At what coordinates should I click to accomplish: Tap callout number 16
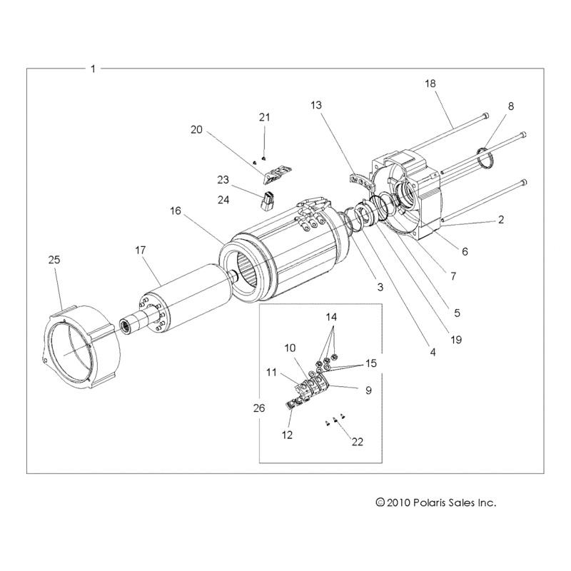pyautogui.click(x=176, y=211)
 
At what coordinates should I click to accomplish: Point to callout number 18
pyautogui.click(x=430, y=84)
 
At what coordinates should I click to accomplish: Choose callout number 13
pyautogui.click(x=316, y=106)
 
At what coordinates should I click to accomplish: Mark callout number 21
pyautogui.click(x=265, y=117)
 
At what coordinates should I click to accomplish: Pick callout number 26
pyautogui.click(x=258, y=408)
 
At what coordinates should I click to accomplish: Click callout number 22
pyautogui.click(x=357, y=442)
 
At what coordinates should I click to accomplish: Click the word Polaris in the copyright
pyautogui.click(x=428, y=502)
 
